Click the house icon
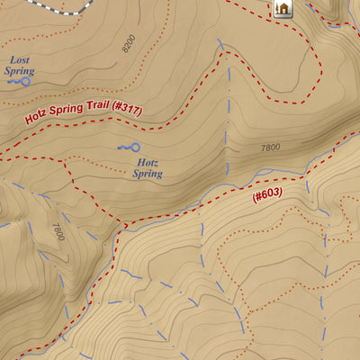pyautogui.click(x=283, y=9)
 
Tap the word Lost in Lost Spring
pyautogui.click(x=19, y=59)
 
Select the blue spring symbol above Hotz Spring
pyautogui.click(x=130, y=148)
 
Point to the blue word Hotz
pyautogui.click(x=147, y=163)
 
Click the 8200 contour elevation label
pyautogui.click(x=130, y=45)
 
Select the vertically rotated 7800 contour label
pyautogui.click(x=58, y=232)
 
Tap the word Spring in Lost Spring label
pyautogui.click(x=19, y=70)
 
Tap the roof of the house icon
pyautogui.click(x=283, y=4)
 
